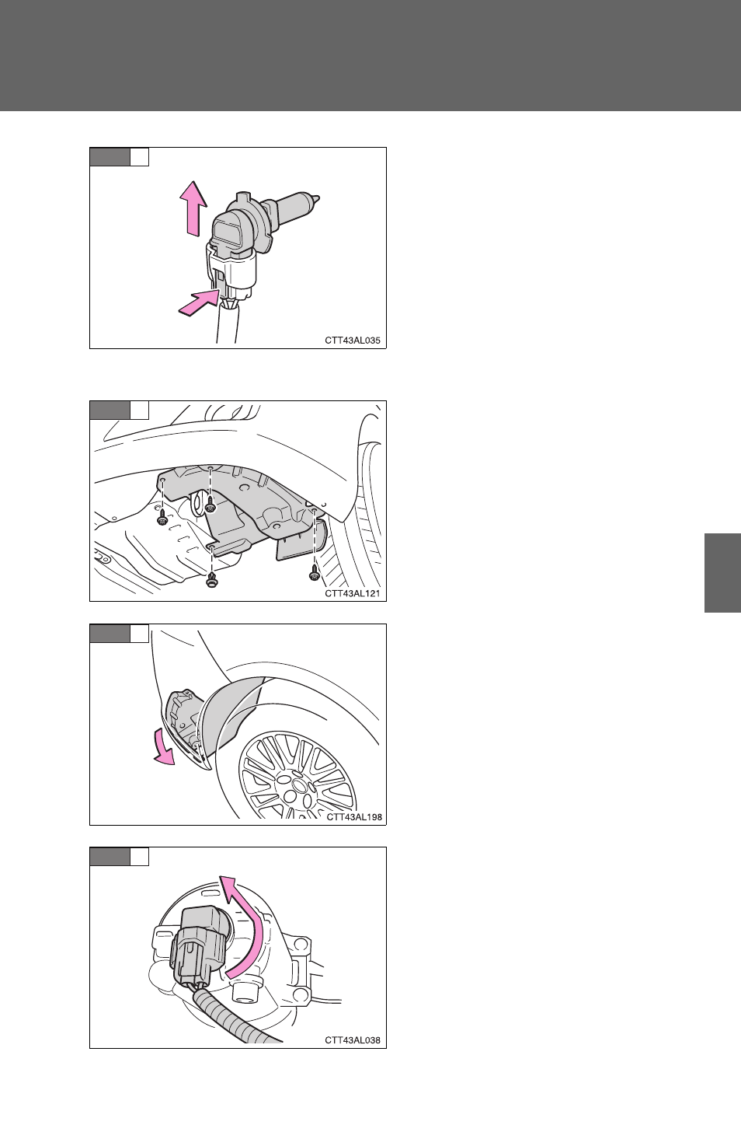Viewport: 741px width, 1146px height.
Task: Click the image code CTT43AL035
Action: coord(353,341)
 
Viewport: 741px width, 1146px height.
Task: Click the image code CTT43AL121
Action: coord(353,593)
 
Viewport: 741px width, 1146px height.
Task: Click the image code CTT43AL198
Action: coord(354,817)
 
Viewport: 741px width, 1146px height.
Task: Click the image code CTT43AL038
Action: coord(353,1040)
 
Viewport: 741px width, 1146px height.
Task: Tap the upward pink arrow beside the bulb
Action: coord(195,208)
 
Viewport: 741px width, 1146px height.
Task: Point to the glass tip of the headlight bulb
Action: coord(316,197)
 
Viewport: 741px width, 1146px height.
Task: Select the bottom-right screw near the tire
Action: coord(315,575)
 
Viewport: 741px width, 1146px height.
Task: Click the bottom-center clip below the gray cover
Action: coord(211,580)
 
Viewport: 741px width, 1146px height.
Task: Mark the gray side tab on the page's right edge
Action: coord(722,572)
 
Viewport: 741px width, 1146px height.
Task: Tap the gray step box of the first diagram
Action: coord(110,157)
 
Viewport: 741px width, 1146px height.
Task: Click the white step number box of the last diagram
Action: coord(140,857)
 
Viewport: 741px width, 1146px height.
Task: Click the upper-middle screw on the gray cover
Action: coord(210,506)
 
